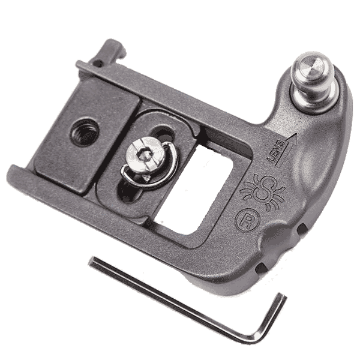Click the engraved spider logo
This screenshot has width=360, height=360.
(262, 191)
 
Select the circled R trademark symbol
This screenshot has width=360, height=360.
(248, 220)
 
